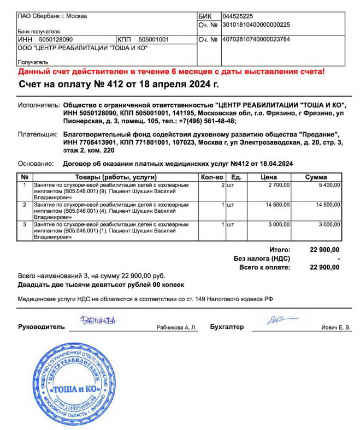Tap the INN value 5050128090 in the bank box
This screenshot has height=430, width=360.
[x=53, y=40]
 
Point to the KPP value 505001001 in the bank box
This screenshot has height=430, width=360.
[x=154, y=40]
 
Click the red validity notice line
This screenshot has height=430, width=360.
[x=171, y=71]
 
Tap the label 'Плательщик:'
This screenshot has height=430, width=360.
[x=37, y=134]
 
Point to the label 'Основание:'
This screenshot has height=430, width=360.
[x=36, y=163]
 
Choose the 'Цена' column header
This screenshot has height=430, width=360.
[x=269, y=177]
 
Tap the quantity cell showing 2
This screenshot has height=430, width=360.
[x=222, y=185]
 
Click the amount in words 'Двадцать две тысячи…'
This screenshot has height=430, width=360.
[x=101, y=285]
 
